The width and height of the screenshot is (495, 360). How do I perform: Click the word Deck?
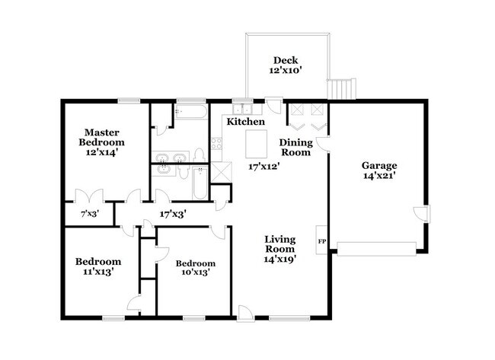tap(286, 61)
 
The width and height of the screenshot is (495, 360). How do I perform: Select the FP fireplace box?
tap(322, 240)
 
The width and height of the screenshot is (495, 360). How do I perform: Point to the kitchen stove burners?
tap(216, 142)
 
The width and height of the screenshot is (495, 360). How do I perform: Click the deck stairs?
tap(341, 89)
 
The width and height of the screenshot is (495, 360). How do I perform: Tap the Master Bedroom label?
tap(104, 137)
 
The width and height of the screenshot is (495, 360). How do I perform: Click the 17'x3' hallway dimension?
tap(174, 215)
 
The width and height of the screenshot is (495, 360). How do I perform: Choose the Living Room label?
tap(279, 244)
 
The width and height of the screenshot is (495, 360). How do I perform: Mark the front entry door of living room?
tap(245, 310)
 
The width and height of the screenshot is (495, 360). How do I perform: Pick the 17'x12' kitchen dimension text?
tap(264, 166)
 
